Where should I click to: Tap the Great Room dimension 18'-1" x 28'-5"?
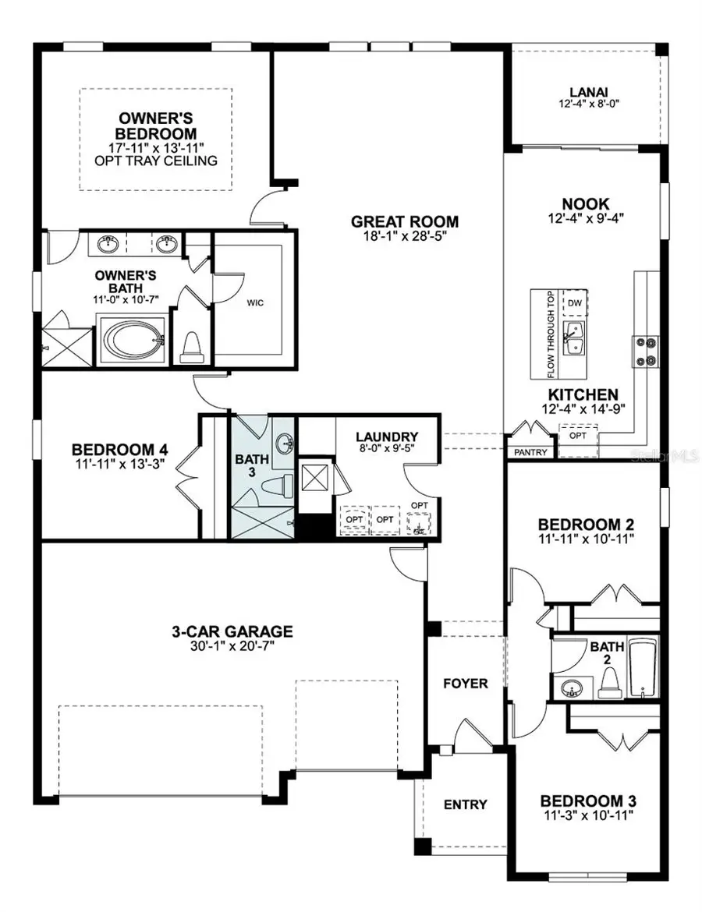click(x=404, y=236)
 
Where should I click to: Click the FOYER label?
click(x=466, y=684)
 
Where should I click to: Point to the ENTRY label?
click(x=465, y=804)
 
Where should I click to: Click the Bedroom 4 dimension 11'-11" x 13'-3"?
click(x=119, y=465)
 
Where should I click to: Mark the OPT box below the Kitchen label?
click(x=578, y=436)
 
